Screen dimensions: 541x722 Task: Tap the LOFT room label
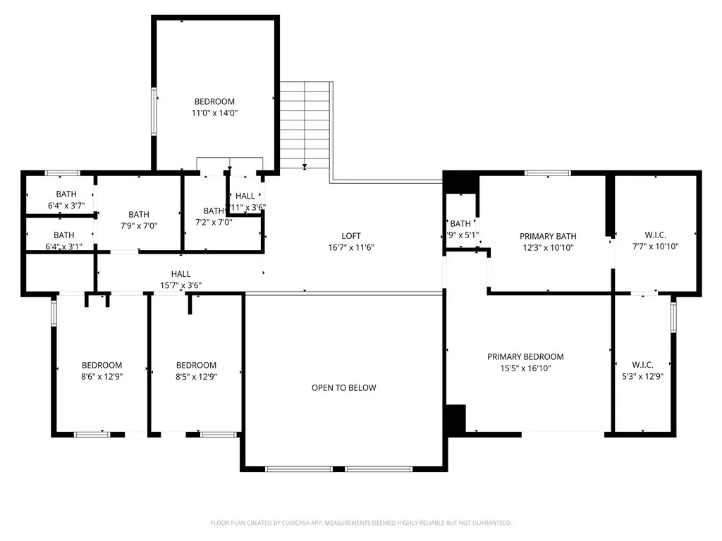351,236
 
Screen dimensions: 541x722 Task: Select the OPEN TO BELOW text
344,388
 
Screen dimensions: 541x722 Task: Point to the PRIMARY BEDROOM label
525,357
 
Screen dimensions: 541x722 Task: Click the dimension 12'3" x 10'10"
548,247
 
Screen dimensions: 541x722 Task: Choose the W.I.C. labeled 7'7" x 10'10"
655,235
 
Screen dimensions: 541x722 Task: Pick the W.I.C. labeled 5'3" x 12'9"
642,365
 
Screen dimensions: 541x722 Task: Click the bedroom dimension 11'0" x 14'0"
214,113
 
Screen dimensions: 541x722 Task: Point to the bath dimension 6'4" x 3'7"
66,206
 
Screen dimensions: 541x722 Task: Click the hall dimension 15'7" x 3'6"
180,285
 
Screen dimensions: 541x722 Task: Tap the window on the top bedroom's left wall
153,111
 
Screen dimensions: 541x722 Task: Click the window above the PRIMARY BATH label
548,173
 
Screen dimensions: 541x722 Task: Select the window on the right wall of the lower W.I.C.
673,316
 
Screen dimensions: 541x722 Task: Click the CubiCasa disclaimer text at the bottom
361,523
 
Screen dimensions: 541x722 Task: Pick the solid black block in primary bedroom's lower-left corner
456,419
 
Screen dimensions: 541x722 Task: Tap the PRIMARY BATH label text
548,237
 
